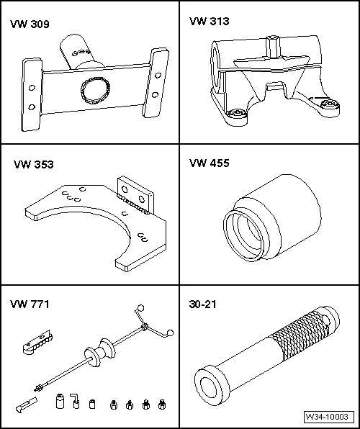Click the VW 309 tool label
point(30,24)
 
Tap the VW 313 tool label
point(209,21)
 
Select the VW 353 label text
point(34,164)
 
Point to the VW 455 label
point(209,163)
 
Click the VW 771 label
point(30,304)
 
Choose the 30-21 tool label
point(202,304)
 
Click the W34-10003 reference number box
point(327,417)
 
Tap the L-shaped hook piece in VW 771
point(75,401)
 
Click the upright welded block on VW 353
point(135,194)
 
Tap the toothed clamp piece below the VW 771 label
point(37,342)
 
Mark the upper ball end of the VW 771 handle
point(140,307)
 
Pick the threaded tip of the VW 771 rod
point(38,387)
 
